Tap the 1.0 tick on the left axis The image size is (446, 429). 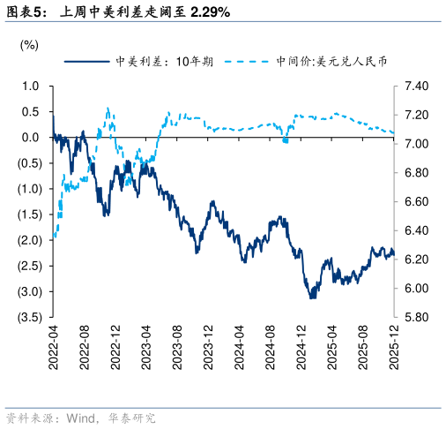pyautogui.click(x=31, y=87)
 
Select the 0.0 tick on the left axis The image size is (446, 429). pyautogui.click(x=31, y=138)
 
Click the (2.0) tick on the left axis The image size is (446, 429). pyautogui.click(x=29, y=240)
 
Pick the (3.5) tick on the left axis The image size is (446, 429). pyautogui.click(x=29, y=317)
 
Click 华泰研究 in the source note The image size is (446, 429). pyautogui.click(x=130, y=418)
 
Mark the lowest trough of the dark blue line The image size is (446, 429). pyautogui.click(x=311, y=298)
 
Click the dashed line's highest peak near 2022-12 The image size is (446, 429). pyautogui.click(x=108, y=109)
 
